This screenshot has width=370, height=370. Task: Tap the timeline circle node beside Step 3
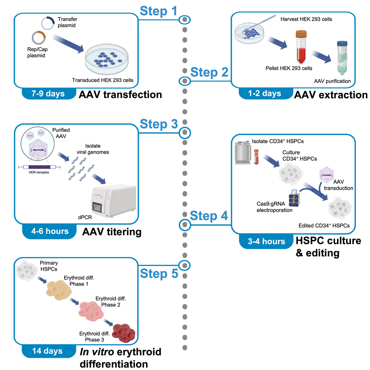coord(185,132)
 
